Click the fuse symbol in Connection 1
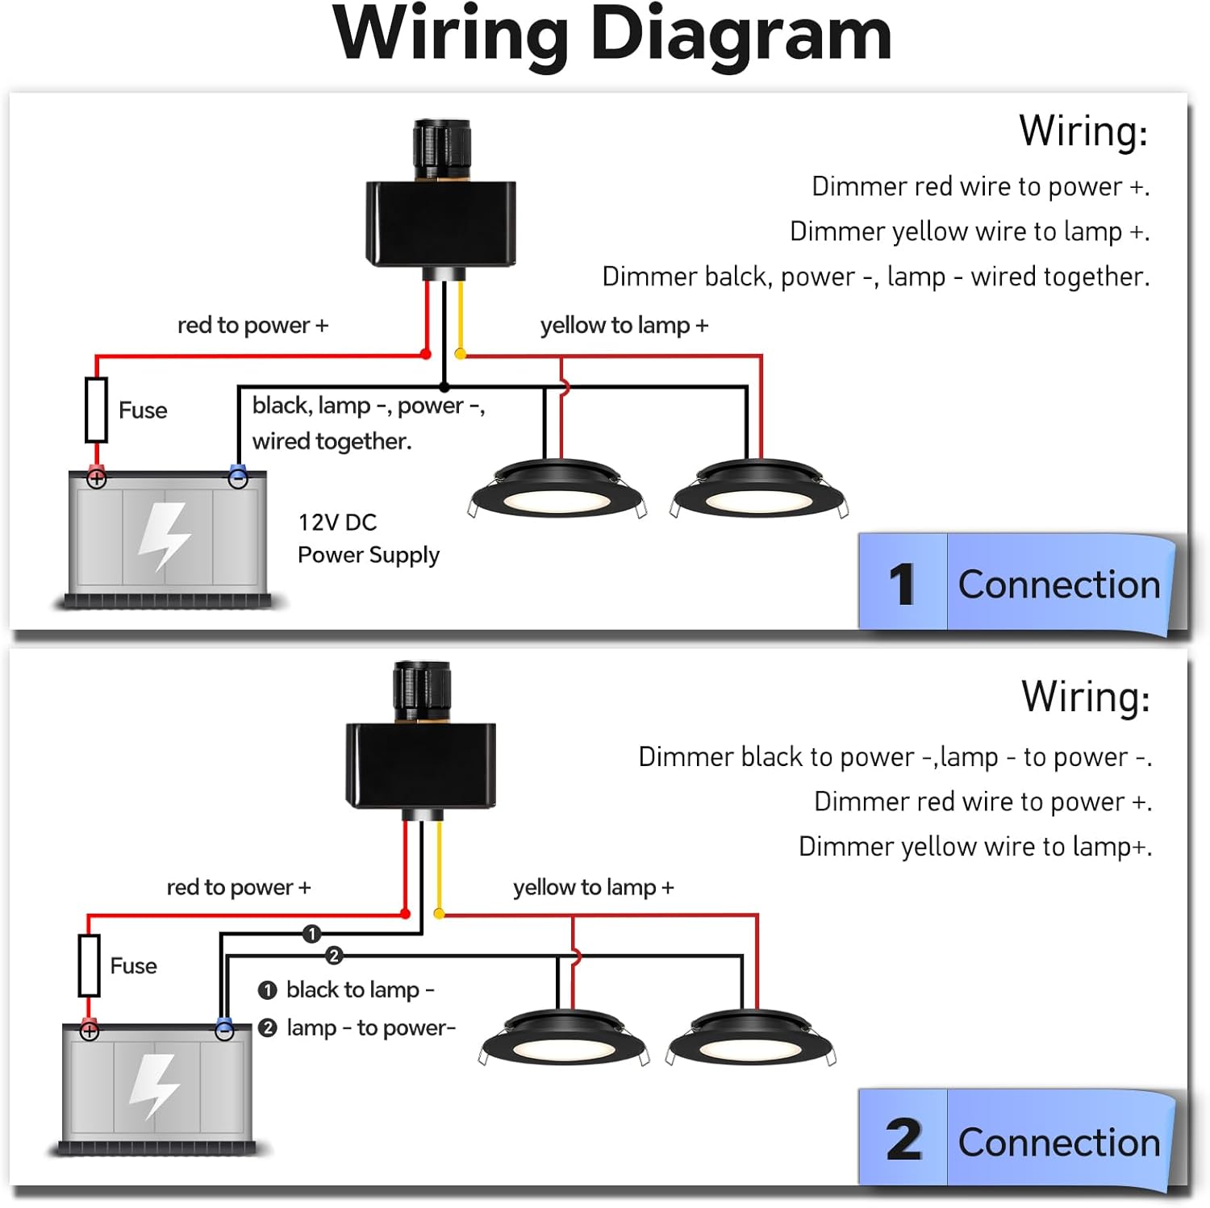(x=97, y=410)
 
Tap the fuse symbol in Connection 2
(x=90, y=965)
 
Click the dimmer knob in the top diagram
(x=441, y=149)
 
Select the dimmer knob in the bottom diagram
(x=421, y=691)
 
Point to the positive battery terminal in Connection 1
(x=97, y=479)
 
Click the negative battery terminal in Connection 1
(x=238, y=478)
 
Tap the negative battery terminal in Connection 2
(x=224, y=1031)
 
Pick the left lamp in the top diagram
(x=557, y=492)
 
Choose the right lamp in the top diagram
(x=758, y=492)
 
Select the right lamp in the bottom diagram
(x=751, y=1040)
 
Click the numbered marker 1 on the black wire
(x=312, y=934)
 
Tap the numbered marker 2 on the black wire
(x=334, y=956)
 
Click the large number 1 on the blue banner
(x=903, y=584)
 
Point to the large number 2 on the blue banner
(x=903, y=1140)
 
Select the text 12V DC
(x=337, y=523)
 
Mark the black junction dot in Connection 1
(x=444, y=388)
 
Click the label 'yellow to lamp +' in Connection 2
(x=594, y=887)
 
